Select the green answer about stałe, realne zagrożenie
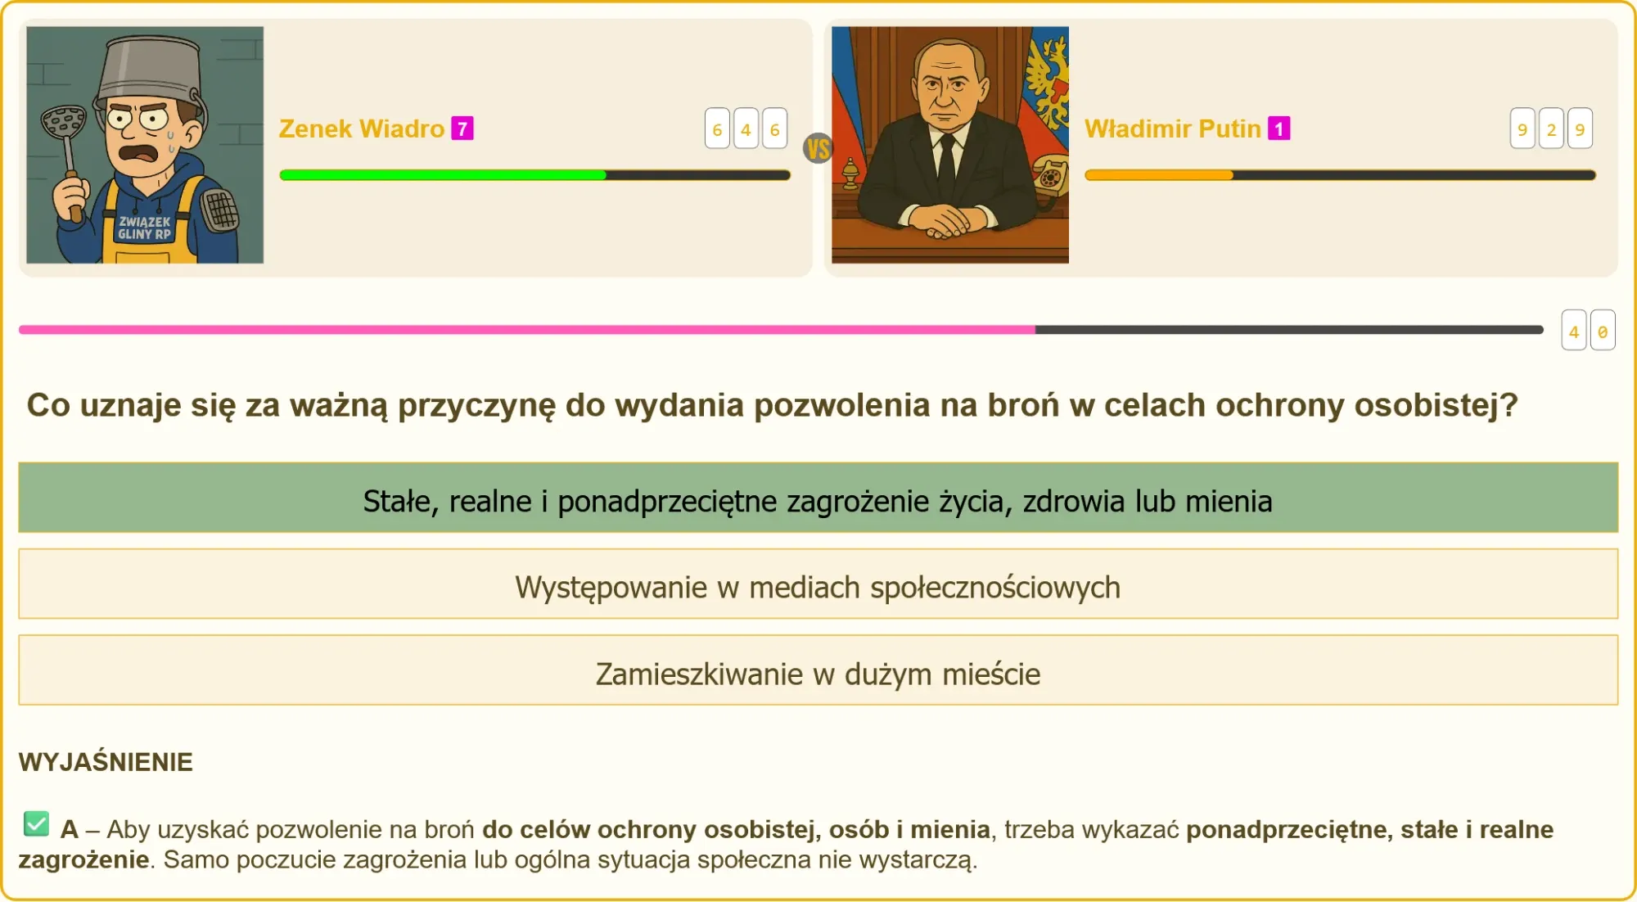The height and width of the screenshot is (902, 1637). click(818, 498)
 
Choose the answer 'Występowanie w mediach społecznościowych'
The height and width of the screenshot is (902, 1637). click(818, 584)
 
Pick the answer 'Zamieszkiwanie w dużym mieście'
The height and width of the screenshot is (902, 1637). click(818, 670)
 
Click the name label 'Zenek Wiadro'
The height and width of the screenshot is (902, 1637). click(361, 129)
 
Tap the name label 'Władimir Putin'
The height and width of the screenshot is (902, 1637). click(1172, 129)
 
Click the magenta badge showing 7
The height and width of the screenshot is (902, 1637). click(462, 129)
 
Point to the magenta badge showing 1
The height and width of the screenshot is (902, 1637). click(1279, 129)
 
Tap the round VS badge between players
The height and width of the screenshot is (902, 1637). click(818, 149)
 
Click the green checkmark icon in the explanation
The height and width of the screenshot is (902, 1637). click(36, 824)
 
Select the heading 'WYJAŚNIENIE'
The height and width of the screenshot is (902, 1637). click(106, 762)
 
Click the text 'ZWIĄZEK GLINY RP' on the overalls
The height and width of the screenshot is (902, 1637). click(145, 228)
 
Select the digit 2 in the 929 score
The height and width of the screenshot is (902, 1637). click(1551, 129)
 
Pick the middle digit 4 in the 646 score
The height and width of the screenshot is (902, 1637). click(746, 129)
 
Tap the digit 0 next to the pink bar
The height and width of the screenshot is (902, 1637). click(1603, 331)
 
